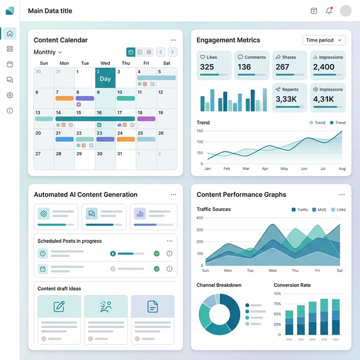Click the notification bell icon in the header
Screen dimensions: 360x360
(x=329, y=11)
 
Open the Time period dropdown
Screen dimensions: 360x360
(x=325, y=40)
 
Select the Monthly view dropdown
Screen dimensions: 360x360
(x=48, y=52)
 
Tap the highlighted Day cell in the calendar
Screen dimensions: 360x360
(x=105, y=78)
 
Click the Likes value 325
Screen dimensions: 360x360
(x=207, y=67)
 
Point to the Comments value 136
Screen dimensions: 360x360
(x=245, y=67)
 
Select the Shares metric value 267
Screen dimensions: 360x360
(x=282, y=67)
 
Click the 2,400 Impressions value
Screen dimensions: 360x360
(x=323, y=67)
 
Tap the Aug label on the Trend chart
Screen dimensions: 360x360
(x=341, y=169)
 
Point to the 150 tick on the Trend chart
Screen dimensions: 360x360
(x=200, y=131)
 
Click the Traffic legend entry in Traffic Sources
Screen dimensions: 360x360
(x=300, y=210)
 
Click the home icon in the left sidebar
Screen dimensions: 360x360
(x=10, y=34)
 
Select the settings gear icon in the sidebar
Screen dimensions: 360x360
(x=10, y=95)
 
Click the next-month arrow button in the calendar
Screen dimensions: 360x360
(x=172, y=52)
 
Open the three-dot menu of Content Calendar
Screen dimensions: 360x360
(x=173, y=40)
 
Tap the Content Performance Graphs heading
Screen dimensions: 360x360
(x=241, y=195)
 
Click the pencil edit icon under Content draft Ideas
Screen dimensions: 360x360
(x=59, y=307)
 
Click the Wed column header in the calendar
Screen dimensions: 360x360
(x=105, y=64)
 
